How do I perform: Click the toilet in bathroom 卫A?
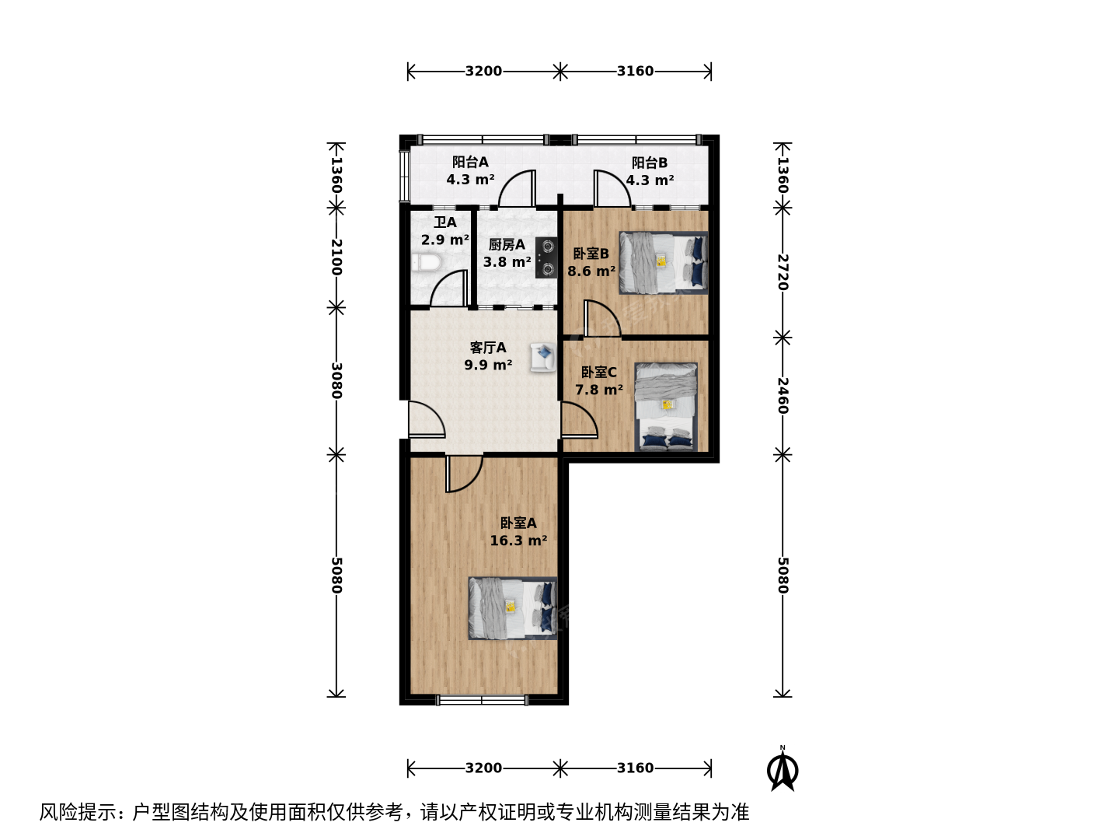(426, 262)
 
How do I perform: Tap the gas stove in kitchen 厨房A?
(546, 257)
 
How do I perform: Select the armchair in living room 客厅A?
(543, 357)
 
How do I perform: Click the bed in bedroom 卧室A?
(512, 608)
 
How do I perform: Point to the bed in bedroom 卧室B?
(664, 263)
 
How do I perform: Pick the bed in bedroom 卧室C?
(666, 407)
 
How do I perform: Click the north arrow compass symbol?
(783, 768)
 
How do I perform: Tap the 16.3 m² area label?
(518, 541)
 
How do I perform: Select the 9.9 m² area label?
(488, 366)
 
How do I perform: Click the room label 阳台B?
(650, 163)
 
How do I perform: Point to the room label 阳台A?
(470, 163)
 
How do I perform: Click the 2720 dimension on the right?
(783, 272)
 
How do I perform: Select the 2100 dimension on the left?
(336, 257)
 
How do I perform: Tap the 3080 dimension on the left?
(336, 380)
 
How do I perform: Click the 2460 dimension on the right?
(783, 396)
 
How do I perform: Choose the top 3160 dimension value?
(635, 71)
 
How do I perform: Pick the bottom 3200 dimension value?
(483, 768)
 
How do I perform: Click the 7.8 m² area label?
(599, 390)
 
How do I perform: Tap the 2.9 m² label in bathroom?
(445, 240)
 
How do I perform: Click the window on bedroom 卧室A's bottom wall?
(483, 700)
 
